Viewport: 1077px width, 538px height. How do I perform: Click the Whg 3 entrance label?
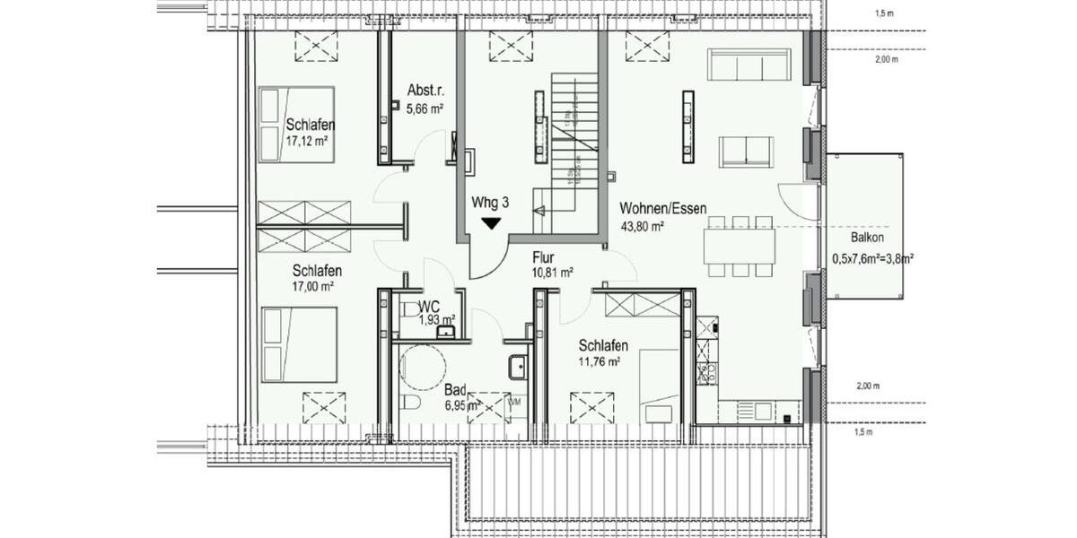pos(490,204)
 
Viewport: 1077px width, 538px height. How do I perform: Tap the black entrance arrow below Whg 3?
pos(491,223)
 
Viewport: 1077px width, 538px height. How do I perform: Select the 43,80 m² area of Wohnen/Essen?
pos(643,227)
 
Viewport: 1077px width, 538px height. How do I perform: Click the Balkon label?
pos(868,239)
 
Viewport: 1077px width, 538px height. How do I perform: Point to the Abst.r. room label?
pos(425,91)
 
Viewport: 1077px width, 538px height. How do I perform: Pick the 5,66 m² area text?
pos(425,109)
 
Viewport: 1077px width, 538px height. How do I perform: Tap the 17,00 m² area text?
pos(312,287)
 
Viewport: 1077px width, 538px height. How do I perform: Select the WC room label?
pos(428,307)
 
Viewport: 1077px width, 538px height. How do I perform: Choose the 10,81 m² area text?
pos(553,273)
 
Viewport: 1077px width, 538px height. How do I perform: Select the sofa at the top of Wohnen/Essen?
pos(749,65)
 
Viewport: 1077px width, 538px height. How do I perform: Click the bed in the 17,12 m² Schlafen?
pos(296,124)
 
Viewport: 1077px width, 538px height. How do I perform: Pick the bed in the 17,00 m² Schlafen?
pos(299,343)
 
